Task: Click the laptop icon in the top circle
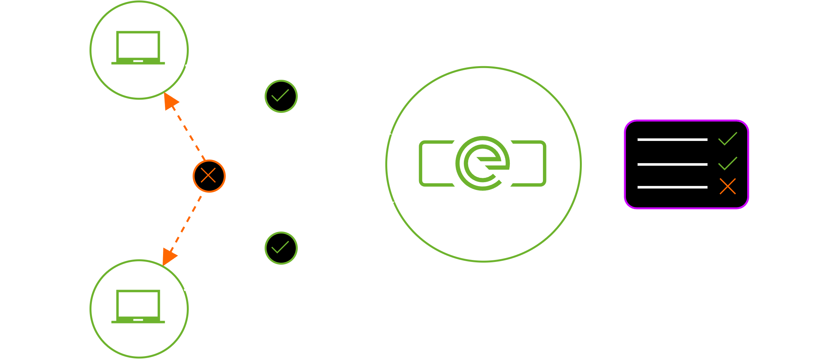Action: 138,48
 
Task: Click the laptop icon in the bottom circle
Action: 138,307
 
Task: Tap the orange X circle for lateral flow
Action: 209,176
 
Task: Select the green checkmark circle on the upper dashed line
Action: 281,96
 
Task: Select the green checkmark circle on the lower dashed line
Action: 281,248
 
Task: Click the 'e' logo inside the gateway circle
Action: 483,163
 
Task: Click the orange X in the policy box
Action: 727,186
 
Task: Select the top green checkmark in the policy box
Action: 727,139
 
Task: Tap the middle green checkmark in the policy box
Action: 727,163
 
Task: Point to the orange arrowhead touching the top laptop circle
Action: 170,101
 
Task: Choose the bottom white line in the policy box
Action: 672,187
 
